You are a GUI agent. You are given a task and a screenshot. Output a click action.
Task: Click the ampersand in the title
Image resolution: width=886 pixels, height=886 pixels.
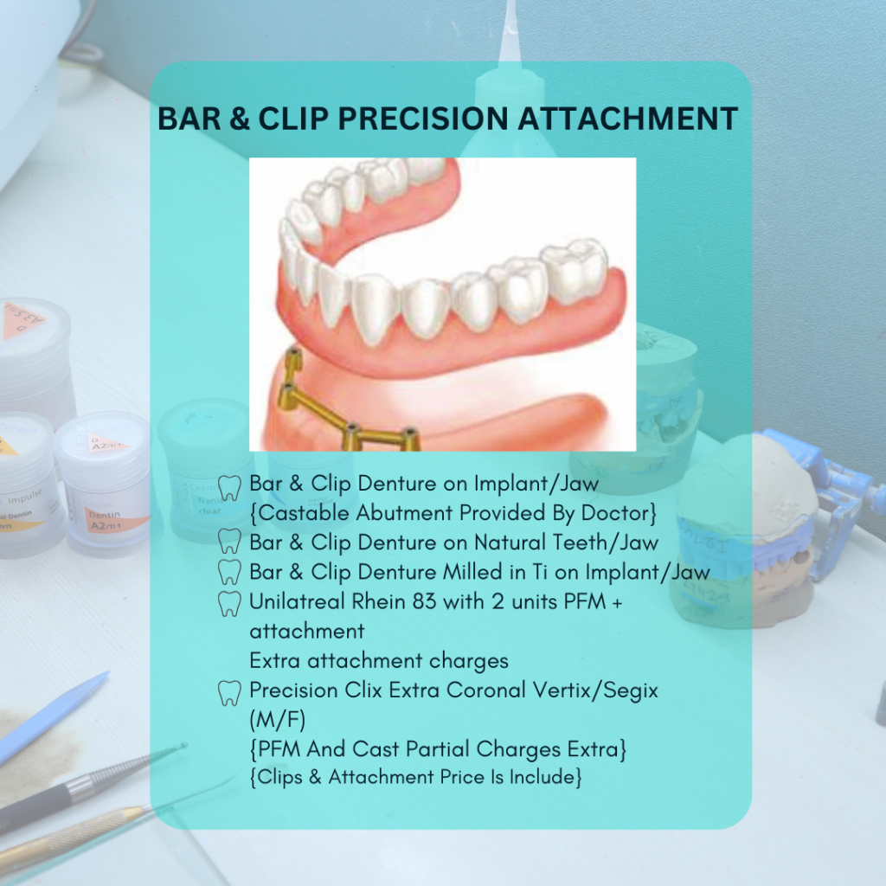241,119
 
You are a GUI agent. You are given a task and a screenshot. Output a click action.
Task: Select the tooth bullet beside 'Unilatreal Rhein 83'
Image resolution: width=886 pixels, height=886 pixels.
228,604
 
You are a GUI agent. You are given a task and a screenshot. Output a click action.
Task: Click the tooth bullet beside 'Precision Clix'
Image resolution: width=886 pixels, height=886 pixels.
228,693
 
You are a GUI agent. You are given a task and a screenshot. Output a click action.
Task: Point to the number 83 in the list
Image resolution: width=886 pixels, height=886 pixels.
424,601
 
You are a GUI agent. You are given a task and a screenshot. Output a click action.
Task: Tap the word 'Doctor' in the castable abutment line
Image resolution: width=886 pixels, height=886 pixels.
619,512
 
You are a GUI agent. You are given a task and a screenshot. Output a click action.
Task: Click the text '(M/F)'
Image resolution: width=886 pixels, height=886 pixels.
278,720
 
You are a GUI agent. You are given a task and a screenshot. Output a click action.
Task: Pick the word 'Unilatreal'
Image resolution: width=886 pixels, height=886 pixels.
297,601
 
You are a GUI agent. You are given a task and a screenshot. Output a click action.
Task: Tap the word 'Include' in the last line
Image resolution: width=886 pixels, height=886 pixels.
545,777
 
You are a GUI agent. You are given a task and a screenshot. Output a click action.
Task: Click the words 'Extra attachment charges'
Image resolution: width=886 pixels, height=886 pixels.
379,660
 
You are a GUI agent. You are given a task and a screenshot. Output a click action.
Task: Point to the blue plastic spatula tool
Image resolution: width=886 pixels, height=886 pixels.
54,717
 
